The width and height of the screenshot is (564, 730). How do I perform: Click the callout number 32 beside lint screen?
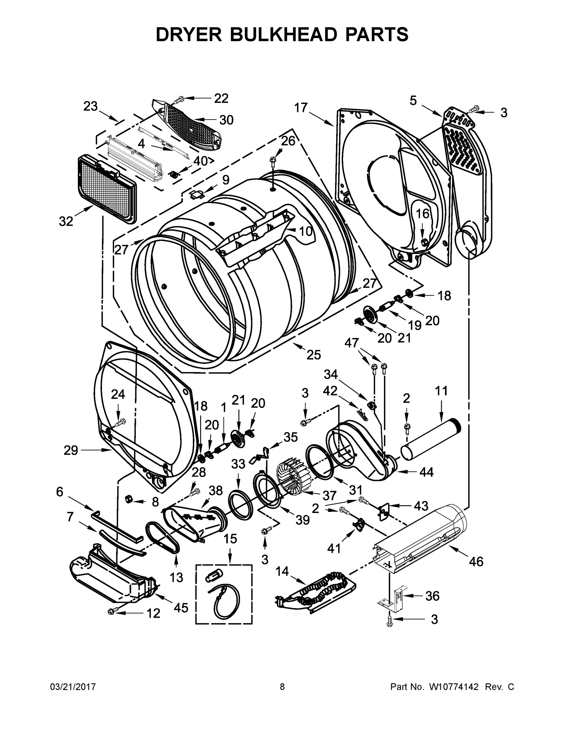[66, 221]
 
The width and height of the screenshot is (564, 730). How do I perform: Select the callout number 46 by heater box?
[476, 561]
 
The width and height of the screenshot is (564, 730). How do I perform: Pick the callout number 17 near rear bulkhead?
[301, 108]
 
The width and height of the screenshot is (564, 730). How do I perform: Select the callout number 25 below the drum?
[313, 355]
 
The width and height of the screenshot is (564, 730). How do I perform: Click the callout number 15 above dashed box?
[230, 539]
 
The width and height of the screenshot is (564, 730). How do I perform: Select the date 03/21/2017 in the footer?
[73, 687]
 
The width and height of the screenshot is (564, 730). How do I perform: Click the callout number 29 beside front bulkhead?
[71, 450]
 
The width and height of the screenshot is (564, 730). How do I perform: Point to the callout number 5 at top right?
[413, 100]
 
